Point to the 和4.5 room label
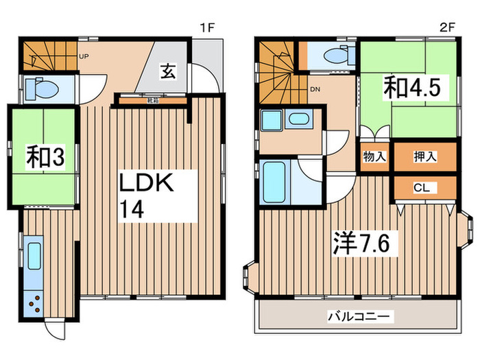point(407,87)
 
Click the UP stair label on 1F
point(84,57)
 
